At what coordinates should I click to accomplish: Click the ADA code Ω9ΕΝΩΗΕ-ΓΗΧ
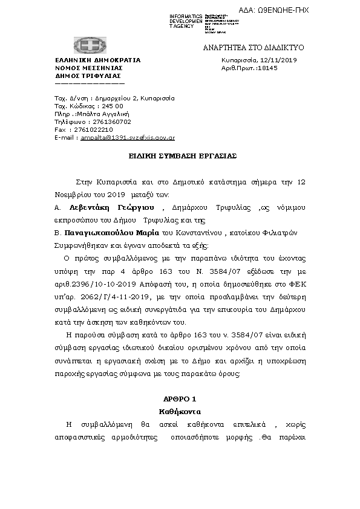click(327, 10)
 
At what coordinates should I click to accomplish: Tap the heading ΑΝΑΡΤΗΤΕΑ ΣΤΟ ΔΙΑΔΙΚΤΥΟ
click(262, 47)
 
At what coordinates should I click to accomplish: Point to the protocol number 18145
click(267, 68)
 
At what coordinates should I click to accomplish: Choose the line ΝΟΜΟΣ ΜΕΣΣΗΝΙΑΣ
click(85, 68)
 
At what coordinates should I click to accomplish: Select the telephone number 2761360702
click(109, 122)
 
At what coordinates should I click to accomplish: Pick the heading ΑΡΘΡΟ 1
click(180, 400)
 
